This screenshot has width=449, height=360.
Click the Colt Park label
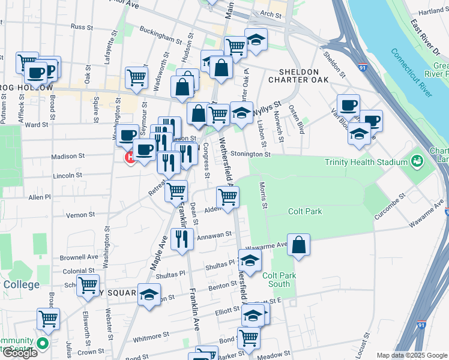point(305,211)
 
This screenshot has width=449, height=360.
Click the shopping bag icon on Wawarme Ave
point(298,245)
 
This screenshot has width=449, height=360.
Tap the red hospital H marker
point(129,158)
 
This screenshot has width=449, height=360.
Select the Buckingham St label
point(160,35)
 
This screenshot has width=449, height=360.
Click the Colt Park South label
point(280,280)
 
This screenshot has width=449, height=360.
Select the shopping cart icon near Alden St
point(228,196)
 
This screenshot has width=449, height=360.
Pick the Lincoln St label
point(67,176)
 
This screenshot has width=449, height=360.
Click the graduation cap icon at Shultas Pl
point(250,260)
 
